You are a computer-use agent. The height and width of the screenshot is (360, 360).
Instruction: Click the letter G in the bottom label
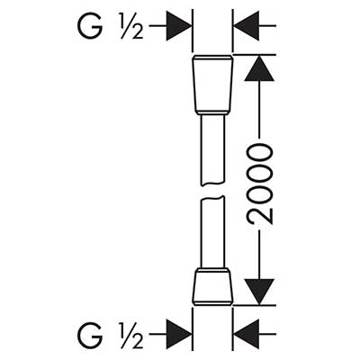tap(90, 335)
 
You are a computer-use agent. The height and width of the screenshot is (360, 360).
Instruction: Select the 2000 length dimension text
tap(260, 184)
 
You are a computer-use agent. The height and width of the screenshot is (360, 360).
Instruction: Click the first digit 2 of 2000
tap(260, 215)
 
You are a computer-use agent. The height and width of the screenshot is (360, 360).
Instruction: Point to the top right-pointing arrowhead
tap(179, 26)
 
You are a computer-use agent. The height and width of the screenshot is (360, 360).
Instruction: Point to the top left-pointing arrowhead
tap(247, 26)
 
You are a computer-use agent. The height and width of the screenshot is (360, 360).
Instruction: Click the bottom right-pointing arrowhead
tap(179, 334)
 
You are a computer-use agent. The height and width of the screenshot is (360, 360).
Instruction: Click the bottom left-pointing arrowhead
tap(247, 334)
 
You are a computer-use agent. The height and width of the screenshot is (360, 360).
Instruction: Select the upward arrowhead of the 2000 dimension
tap(259, 68)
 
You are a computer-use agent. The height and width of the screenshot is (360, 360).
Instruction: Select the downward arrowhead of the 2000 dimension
tap(259, 292)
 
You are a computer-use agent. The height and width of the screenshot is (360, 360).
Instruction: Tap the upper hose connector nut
tap(212, 85)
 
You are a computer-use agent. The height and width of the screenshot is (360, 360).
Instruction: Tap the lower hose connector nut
tap(212, 286)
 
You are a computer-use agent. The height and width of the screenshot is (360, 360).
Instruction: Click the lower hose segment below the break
tap(212, 232)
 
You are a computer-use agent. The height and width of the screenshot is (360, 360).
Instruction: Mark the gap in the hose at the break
tap(212, 191)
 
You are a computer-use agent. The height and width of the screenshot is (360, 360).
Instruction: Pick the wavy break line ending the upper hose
tap(212, 184)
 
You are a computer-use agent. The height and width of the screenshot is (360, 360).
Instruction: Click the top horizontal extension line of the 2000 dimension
tap(255, 55)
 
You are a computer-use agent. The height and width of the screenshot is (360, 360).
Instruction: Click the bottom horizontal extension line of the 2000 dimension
tap(255, 305)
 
